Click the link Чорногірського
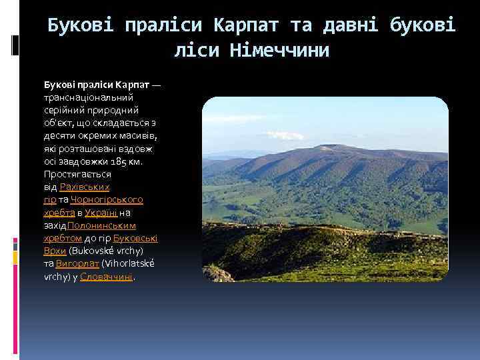(107, 199)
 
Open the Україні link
(101, 213)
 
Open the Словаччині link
(107, 275)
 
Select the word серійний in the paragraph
(61, 111)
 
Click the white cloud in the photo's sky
(285, 136)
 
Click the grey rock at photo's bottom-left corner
(217, 274)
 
